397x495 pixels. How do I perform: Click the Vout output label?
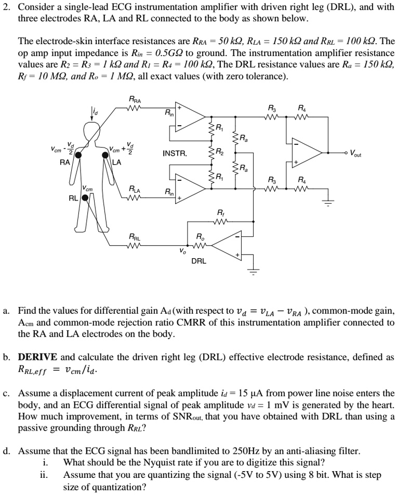coord(357,154)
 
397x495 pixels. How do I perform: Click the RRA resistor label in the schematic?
coord(135,100)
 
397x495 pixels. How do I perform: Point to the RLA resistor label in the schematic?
coord(134,189)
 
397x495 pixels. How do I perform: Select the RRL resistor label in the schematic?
coord(134,237)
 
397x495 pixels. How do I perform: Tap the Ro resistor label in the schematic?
coord(200,236)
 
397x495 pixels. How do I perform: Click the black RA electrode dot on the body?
coord(78,155)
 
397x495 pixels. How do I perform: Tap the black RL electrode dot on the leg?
coord(84,197)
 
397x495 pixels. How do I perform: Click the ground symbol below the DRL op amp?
coord(253,270)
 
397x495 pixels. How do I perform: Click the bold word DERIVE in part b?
coord(39,357)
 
